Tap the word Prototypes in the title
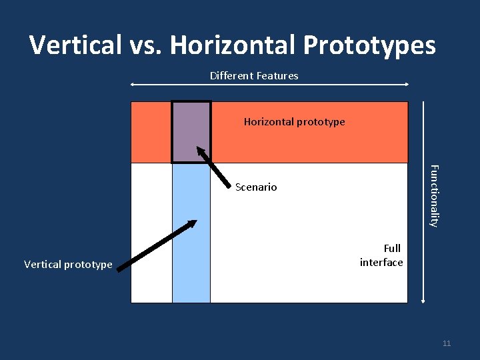point(371,45)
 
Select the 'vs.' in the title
point(140,45)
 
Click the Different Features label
point(254,76)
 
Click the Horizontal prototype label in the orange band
point(294,122)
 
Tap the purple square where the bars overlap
point(191,131)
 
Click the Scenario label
point(256,187)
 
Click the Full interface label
point(381,255)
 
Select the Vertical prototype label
point(68,265)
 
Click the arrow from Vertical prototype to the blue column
point(156,245)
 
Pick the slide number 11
point(447,343)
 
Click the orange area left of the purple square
point(151,132)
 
